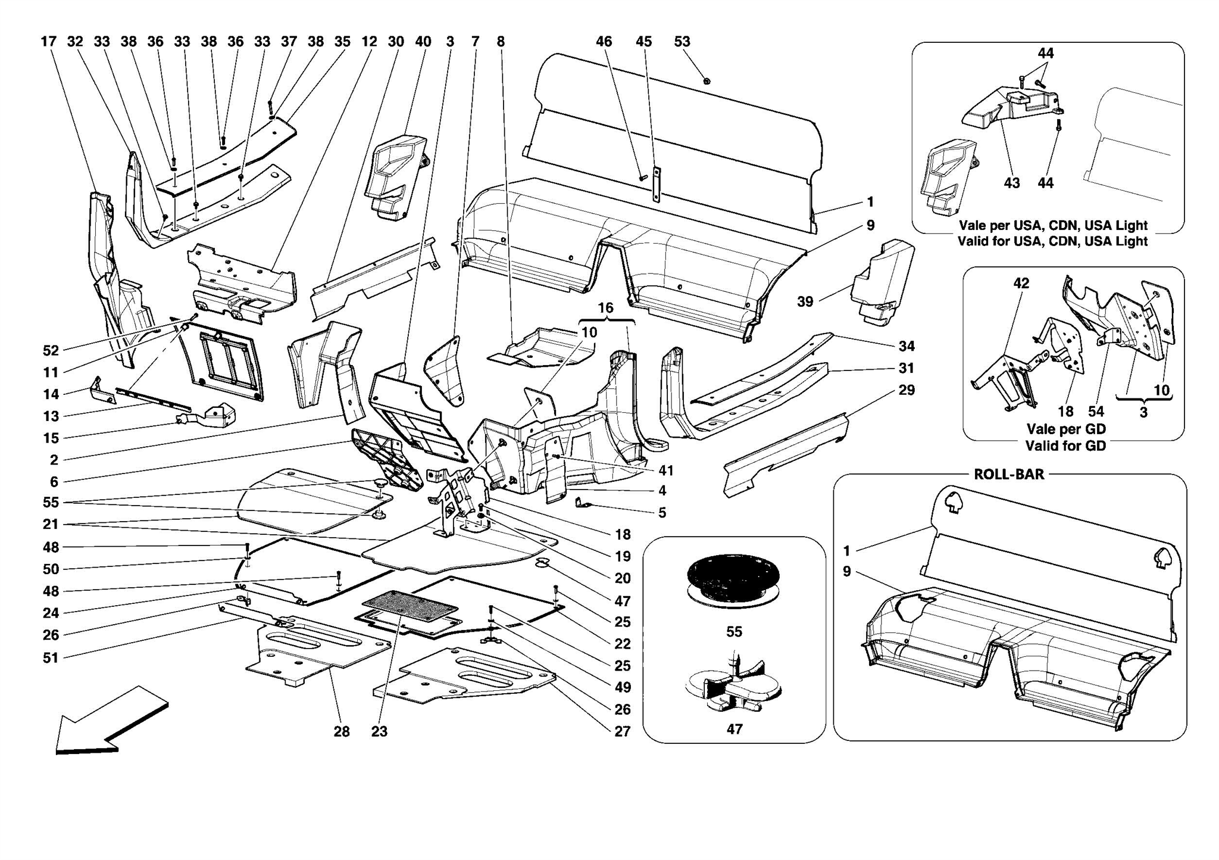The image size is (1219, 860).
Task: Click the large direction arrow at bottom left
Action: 110,722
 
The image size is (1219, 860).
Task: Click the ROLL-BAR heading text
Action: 1008,475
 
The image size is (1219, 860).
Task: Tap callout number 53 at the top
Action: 682,42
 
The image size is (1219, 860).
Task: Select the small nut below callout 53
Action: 707,81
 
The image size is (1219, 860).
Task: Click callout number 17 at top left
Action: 48,42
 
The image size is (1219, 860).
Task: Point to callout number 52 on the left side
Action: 51,351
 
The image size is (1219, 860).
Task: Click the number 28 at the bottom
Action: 341,731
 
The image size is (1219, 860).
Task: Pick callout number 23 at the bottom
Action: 379,731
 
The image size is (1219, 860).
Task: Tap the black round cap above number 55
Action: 733,575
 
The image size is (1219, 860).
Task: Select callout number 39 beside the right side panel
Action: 805,302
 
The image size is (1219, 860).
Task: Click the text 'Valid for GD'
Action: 1065,445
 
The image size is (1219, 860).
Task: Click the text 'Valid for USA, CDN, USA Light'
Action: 1052,241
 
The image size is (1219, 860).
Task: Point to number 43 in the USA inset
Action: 1011,183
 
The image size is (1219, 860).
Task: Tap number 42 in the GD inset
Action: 1021,283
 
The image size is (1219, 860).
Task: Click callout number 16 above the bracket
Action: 605,308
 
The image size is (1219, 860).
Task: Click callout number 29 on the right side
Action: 906,390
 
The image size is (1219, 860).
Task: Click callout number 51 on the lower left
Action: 51,658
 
